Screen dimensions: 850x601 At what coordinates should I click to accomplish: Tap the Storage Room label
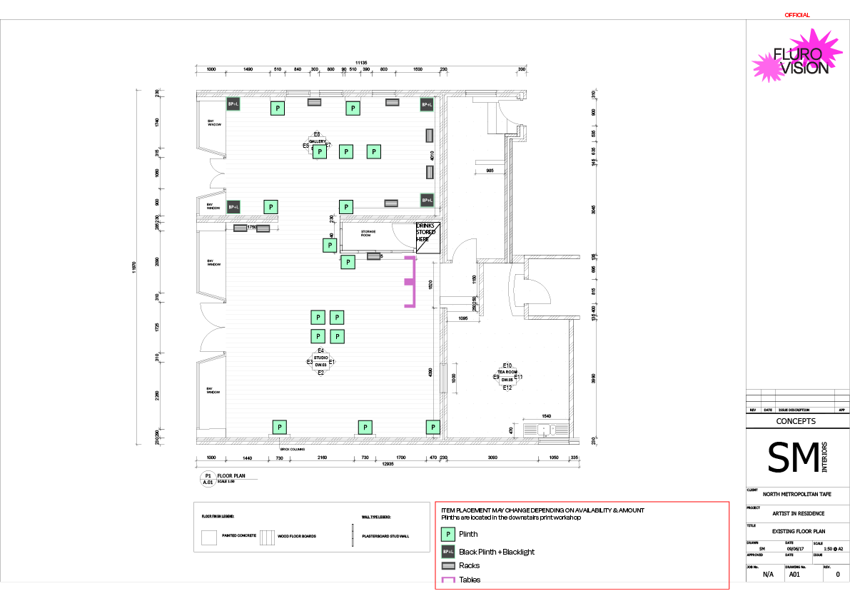pos(368,233)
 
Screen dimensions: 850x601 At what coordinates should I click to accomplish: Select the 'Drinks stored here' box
pos(427,233)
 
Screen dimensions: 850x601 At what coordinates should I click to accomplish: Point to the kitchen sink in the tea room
pos(546,429)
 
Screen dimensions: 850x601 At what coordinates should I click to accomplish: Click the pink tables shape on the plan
pos(410,282)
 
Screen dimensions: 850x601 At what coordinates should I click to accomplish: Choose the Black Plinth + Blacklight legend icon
pos(448,552)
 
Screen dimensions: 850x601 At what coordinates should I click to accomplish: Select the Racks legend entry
pos(469,565)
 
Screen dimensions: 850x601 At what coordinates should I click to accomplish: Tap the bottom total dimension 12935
pos(388,464)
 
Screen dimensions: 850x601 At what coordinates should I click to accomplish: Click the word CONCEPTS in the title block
pos(796,422)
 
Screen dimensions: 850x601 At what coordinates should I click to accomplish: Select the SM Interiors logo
pos(796,458)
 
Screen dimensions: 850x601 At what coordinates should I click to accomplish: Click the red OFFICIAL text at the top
pos(796,15)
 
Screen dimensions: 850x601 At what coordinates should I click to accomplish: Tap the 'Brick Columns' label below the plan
pos(293,449)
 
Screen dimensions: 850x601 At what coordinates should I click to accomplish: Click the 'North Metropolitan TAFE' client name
pos(796,494)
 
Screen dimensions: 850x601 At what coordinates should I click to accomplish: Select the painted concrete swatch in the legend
pos(208,536)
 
